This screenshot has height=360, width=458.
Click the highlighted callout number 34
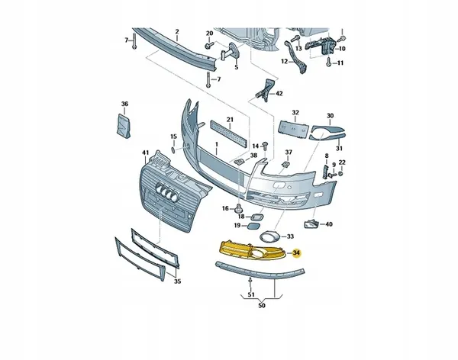[x=296, y=253]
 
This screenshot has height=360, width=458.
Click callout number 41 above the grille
[x=146, y=153]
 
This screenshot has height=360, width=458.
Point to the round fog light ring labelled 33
[x=269, y=236]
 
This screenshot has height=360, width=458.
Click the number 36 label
[x=124, y=104]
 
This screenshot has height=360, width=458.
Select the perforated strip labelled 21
[x=230, y=134]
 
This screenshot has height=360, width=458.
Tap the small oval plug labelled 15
[x=173, y=150]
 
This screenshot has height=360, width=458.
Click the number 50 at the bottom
[x=262, y=305]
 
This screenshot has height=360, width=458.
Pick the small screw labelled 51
[x=250, y=281]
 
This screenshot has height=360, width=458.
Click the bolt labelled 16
[x=239, y=208]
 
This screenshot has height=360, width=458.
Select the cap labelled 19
[x=253, y=226]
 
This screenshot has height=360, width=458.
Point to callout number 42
[x=279, y=93]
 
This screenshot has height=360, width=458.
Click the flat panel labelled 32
[x=294, y=128]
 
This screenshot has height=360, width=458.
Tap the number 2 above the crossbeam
[x=177, y=31]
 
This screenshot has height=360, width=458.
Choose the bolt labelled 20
[x=209, y=46]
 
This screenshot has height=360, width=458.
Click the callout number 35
[x=178, y=281]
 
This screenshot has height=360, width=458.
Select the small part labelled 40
[x=311, y=224]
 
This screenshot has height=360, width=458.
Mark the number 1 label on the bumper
[x=217, y=144]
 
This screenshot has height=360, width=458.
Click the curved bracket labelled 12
[x=295, y=57]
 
